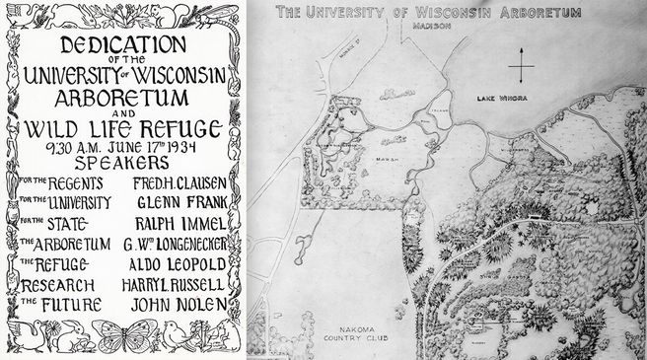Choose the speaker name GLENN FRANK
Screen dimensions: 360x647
pos(179,201)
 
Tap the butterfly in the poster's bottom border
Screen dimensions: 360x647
pos(122,336)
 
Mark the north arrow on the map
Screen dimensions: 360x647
pos(521,69)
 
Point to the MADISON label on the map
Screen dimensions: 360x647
pos(426,29)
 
